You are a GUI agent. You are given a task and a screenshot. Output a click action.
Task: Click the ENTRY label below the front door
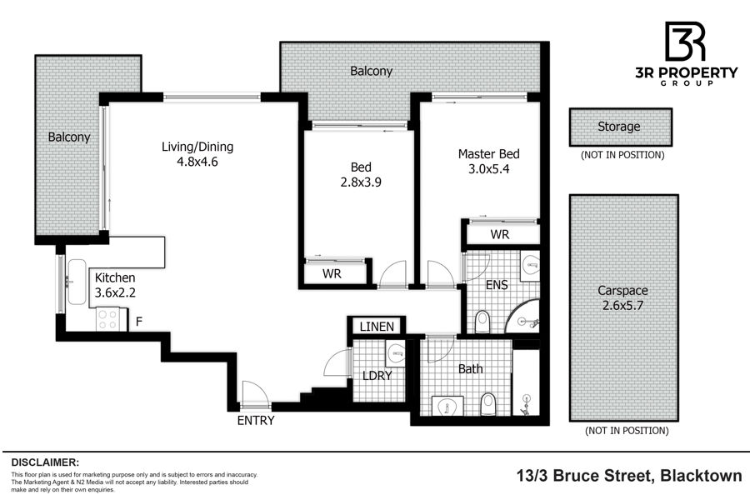pos(256,421)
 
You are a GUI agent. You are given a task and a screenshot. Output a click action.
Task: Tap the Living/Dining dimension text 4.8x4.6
pos(197,162)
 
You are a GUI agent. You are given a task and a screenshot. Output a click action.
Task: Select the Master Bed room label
pos(489,154)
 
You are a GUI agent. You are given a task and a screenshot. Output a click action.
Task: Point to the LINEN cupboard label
pos(377,327)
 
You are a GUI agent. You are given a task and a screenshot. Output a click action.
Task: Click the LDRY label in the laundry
pos(377,376)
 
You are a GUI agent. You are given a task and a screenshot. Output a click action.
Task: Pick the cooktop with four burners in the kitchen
pos(107,320)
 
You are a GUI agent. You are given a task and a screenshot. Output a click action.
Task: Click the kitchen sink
pos(77,282)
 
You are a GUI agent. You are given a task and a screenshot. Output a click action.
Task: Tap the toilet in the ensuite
pos(483,322)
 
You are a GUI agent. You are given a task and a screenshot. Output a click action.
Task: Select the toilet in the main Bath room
pos(488,404)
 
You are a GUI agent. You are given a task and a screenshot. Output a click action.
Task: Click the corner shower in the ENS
pos(523,317)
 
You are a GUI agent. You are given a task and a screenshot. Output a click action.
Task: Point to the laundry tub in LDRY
pos(396,354)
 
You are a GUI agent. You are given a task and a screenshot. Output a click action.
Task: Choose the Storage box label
pos(619,127)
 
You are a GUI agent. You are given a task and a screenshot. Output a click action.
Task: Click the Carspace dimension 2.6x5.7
pos(622,305)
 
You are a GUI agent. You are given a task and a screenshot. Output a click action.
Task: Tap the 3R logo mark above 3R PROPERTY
pos(685,42)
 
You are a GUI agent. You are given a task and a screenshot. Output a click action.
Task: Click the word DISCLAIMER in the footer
pos(45,462)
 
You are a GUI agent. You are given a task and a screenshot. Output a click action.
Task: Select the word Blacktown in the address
pos(701,476)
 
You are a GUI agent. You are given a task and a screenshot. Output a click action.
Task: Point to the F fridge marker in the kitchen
pos(138,322)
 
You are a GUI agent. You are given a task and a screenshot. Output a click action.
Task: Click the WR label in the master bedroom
pos(500,234)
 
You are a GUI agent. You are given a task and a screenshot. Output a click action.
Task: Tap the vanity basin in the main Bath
pos(447,406)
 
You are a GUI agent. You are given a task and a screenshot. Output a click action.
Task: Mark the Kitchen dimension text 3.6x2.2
pos(115,292)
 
